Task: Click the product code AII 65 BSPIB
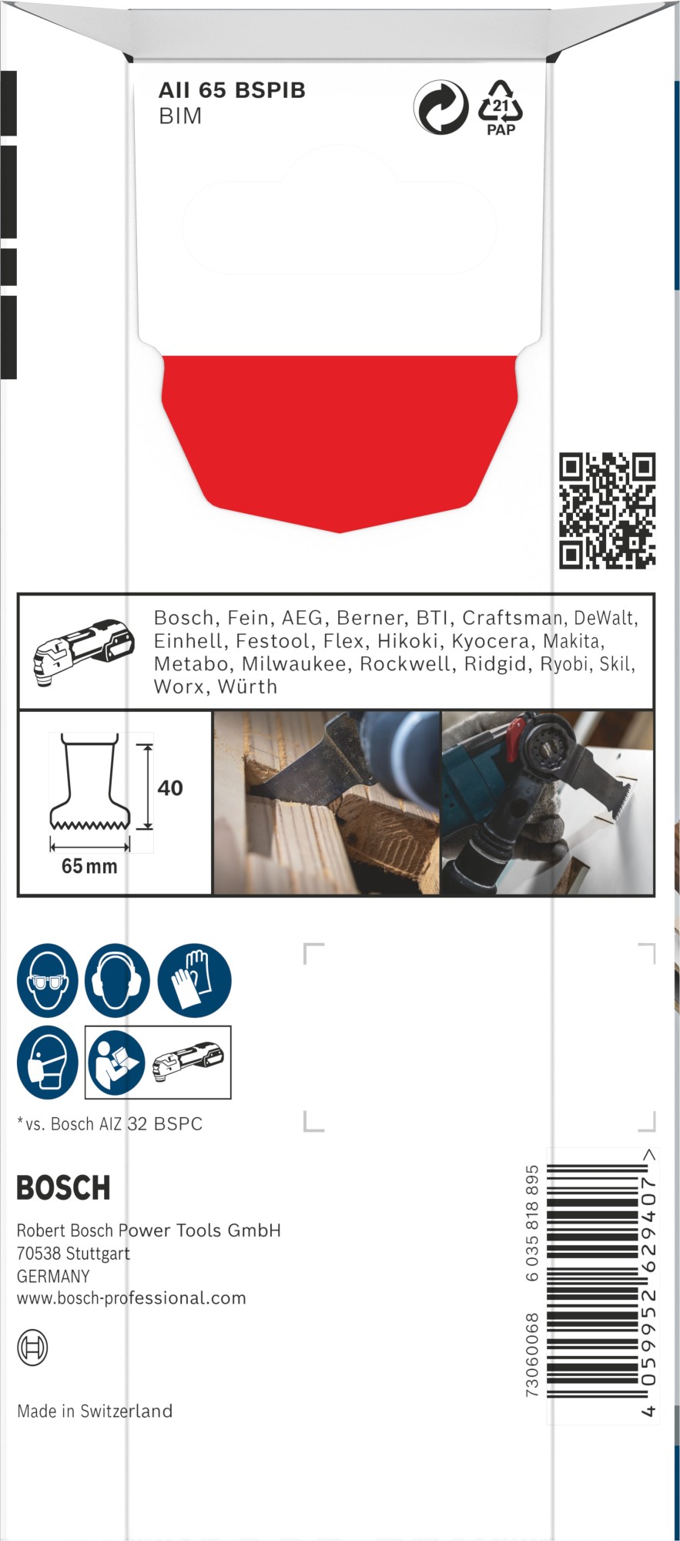pos(232,91)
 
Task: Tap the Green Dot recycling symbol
pos(440,107)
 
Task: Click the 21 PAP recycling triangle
pos(501,108)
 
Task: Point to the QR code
pos(607,511)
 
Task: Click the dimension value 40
pos(170,788)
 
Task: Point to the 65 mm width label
pos(89,867)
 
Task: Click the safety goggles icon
pos(48,981)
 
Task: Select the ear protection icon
pos(117,981)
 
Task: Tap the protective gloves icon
pos(194,981)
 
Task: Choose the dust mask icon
pos(48,1063)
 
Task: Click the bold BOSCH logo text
pos(64,1188)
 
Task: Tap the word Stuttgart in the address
pos(98,1254)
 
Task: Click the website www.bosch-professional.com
pos(132,1298)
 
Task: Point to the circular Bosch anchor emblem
pos(32,1348)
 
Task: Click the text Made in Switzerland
pos(95,1411)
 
